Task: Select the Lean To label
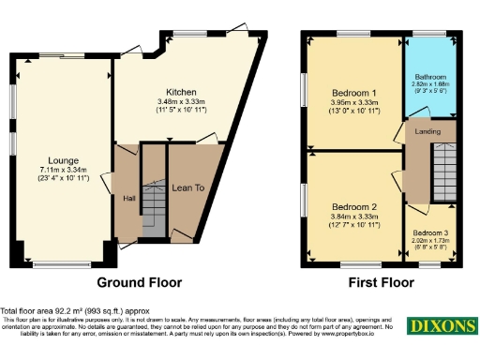point(188,187)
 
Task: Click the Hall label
point(128,198)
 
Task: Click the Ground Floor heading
point(140,282)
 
